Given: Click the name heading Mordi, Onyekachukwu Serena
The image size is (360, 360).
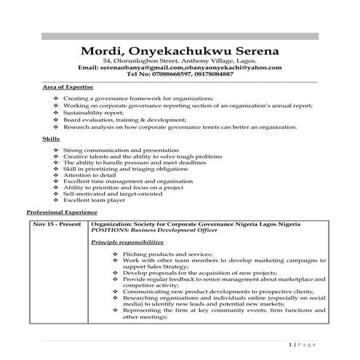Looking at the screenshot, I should [180, 52].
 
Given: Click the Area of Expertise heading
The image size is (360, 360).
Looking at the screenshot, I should [68, 87].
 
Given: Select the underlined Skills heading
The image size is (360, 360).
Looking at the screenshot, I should [51, 137].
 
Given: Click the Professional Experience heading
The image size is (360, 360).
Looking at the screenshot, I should [62, 212].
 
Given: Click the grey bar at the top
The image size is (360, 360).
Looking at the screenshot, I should [180, 36].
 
